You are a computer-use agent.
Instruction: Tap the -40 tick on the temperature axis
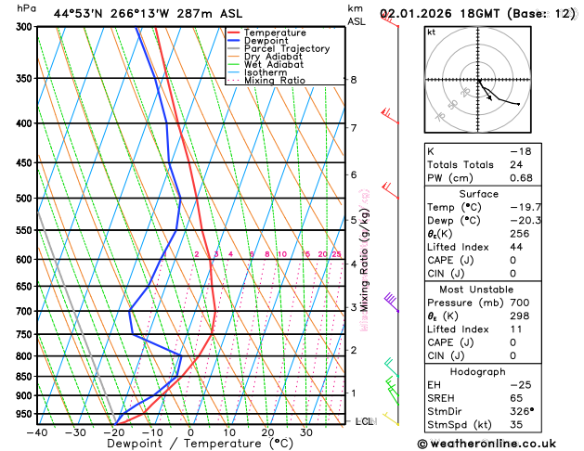click(37, 432)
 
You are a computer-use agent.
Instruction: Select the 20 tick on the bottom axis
click(267, 432)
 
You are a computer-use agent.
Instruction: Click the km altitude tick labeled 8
click(354, 80)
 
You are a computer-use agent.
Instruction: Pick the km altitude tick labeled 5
click(354, 220)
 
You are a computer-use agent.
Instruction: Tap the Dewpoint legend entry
click(266, 41)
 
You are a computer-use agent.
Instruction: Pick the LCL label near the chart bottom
click(363, 421)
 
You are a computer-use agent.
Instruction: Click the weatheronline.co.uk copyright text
click(502, 443)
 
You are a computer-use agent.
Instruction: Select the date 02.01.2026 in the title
click(420, 14)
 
